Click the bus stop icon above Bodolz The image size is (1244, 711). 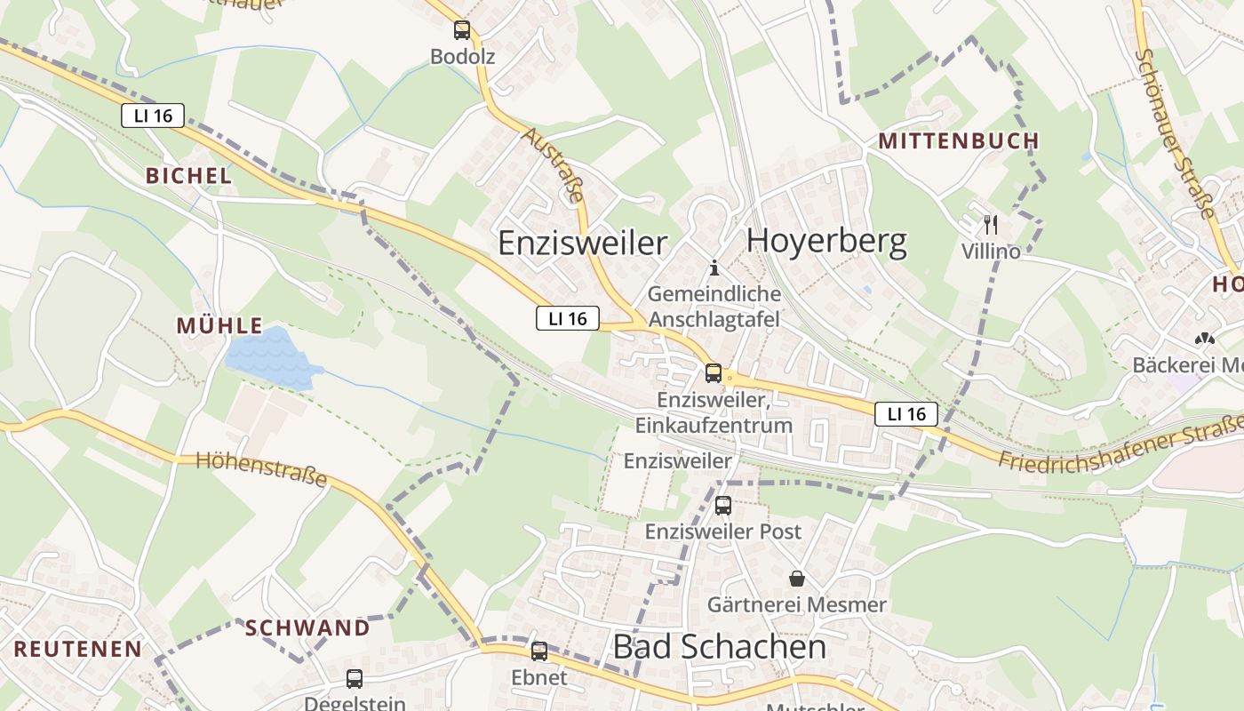click(x=462, y=30)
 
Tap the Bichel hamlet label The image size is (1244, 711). click(x=188, y=176)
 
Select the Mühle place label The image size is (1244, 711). click(x=219, y=325)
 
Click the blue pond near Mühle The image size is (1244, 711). click(x=271, y=357)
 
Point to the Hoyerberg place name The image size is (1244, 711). click(x=826, y=241)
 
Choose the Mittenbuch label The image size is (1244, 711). click(x=958, y=140)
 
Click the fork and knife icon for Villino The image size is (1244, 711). click(x=991, y=225)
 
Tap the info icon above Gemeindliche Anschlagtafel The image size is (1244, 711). click(x=714, y=268)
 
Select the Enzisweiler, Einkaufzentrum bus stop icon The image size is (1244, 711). click(x=714, y=373)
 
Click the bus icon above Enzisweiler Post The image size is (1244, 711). click(x=723, y=506)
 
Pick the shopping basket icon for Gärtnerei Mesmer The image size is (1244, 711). click(x=796, y=579)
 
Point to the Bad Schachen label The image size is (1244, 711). click(x=720, y=647)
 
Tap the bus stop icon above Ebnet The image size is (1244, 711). click(x=539, y=651)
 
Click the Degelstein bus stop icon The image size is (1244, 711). click(x=355, y=679)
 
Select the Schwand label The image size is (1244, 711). click(x=307, y=627)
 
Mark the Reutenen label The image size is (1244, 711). click(x=78, y=649)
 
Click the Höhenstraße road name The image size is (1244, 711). click(x=261, y=468)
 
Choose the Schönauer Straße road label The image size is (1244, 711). click(x=1175, y=133)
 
